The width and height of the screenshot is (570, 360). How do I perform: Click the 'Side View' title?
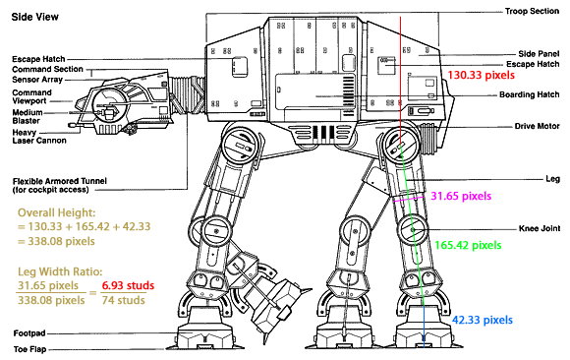[x=35, y=17]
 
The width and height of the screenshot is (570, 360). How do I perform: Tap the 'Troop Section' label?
[x=532, y=11]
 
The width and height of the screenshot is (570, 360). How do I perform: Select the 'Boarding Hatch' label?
[x=530, y=94]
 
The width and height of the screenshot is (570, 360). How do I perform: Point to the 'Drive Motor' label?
[x=537, y=126]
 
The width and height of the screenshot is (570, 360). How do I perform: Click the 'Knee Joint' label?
[x=540, y=228]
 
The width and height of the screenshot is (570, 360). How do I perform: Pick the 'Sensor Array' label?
[x=37, y=80]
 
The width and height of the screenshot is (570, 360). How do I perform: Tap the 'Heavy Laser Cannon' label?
[x=39, y=136]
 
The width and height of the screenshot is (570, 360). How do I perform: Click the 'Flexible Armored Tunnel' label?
[x=60, y=181]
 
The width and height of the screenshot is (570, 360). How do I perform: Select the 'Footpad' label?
[x=29, y=333]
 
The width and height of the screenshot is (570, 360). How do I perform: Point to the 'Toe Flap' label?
[x=29, y=349]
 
